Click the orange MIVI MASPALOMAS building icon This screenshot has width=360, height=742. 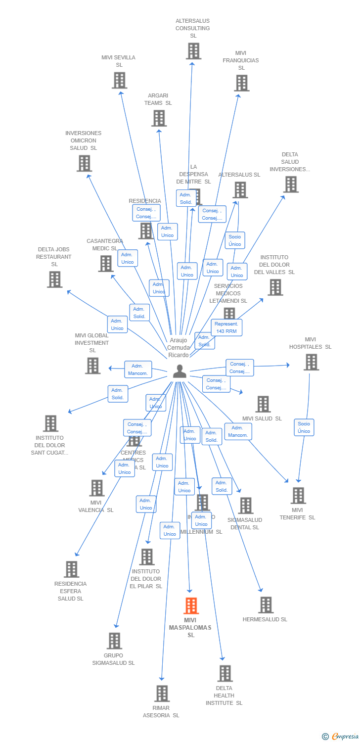(191, 605)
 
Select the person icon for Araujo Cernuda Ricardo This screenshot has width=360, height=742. (180, 371)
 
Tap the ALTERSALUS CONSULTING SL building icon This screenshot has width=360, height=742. (193, 51)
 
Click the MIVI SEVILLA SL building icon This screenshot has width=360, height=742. (119, 80)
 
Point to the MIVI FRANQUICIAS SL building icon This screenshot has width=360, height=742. (241, 83)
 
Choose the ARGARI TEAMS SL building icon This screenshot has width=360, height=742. (159, 118)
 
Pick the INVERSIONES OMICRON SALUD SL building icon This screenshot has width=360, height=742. (84, 163)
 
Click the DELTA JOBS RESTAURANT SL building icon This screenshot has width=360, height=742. (54, 279)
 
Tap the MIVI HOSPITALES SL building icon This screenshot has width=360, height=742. (311, 362)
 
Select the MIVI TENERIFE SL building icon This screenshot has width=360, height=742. (298, 496)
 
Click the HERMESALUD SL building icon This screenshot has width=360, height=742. (266, 605)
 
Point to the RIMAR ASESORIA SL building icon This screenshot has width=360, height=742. (162, 694)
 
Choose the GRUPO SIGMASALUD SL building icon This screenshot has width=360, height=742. (114, 641)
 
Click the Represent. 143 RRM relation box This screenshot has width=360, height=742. (226, 327)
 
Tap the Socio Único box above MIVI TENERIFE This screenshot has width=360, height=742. (304, 427)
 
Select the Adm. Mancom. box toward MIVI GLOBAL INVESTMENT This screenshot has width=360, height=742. (137, 370)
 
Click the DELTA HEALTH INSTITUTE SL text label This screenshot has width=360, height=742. (224, 696)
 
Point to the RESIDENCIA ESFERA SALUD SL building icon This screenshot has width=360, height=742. (71, 569)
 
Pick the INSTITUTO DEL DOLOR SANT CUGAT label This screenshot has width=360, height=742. (49, 445)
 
